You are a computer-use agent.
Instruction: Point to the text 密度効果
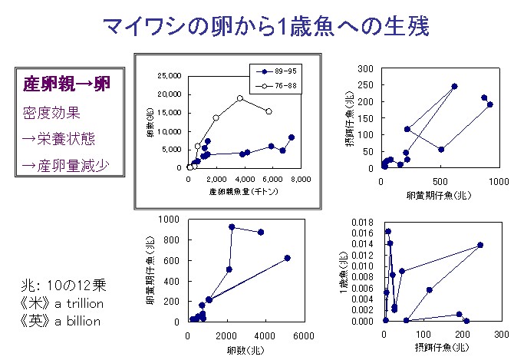coord(51,112)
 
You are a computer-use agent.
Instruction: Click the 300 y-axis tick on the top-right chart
coord(367,69)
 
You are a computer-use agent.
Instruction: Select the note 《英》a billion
coord(61,321)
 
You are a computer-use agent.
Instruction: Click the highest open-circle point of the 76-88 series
coord(240,98)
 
